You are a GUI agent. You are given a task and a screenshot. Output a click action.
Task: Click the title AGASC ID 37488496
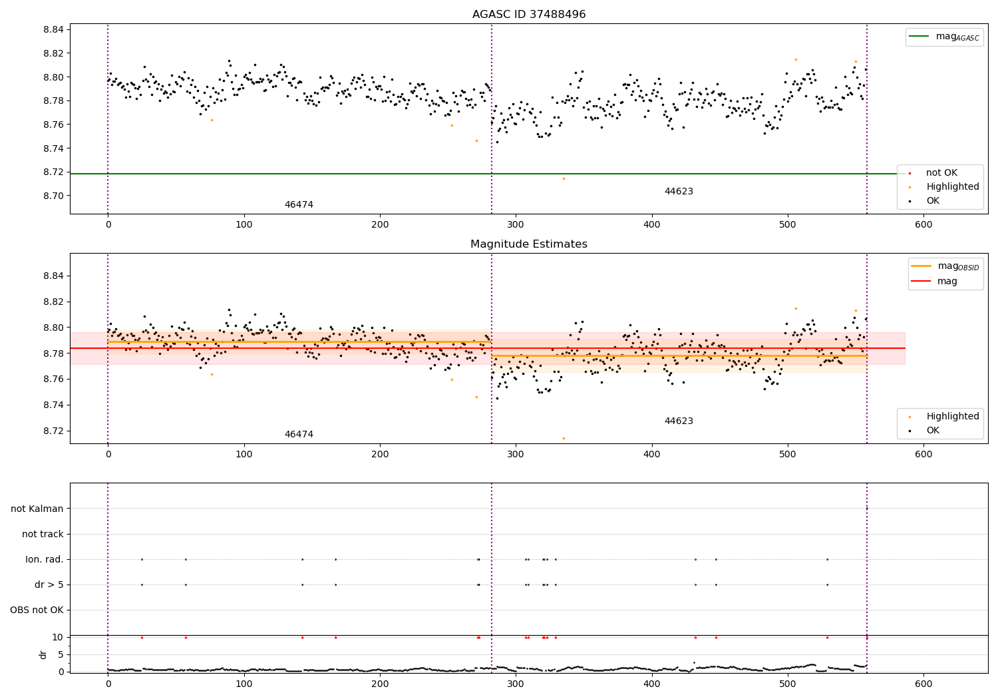point(529,15)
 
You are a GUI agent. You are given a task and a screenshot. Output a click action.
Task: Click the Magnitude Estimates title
point(529,244)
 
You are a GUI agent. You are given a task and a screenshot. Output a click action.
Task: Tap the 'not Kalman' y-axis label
point(37,509)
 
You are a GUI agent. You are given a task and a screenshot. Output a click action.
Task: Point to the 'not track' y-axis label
point(43,534)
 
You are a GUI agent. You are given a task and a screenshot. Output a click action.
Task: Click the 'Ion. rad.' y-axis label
point(45,559)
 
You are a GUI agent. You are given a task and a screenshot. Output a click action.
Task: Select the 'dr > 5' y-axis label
point(49,584)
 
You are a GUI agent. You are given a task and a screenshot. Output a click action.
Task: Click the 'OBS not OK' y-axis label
point(37,610)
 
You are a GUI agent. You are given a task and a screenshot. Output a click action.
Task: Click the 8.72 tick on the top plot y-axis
point(53,172)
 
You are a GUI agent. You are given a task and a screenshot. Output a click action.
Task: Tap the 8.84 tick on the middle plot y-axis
point(53,276)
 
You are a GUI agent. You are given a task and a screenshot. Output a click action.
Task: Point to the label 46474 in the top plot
point(299,205)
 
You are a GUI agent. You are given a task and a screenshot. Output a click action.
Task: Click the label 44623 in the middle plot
point(679,421)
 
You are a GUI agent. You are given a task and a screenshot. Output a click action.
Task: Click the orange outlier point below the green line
point(564,178)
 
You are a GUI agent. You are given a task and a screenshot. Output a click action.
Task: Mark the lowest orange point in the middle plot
point(564,438)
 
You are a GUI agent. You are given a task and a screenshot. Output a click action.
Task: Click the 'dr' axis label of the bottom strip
point(43,654)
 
